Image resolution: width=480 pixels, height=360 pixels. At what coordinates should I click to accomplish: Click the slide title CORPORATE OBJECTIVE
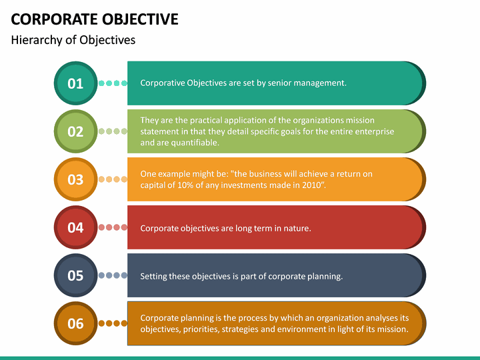95,19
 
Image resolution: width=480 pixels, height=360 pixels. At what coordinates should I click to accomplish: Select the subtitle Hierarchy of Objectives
73,40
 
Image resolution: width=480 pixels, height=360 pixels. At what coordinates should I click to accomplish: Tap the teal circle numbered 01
75,83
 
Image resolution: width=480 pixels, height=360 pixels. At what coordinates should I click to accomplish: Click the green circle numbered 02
75,131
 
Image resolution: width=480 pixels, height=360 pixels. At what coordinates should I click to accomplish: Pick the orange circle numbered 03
75,179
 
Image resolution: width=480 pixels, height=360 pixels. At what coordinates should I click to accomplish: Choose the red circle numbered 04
75,227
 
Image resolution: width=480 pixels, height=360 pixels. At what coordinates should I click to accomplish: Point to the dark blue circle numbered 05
75,275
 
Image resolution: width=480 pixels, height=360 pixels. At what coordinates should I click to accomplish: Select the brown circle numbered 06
75,323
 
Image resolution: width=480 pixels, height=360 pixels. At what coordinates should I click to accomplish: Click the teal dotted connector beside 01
113,83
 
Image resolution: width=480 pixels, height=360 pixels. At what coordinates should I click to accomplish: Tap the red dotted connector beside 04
113,227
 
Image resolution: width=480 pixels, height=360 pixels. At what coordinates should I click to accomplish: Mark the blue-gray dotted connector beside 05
113,275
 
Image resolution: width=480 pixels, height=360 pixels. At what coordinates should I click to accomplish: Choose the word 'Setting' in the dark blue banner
155,276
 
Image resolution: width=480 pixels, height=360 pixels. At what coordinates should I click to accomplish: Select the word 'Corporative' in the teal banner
162,83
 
